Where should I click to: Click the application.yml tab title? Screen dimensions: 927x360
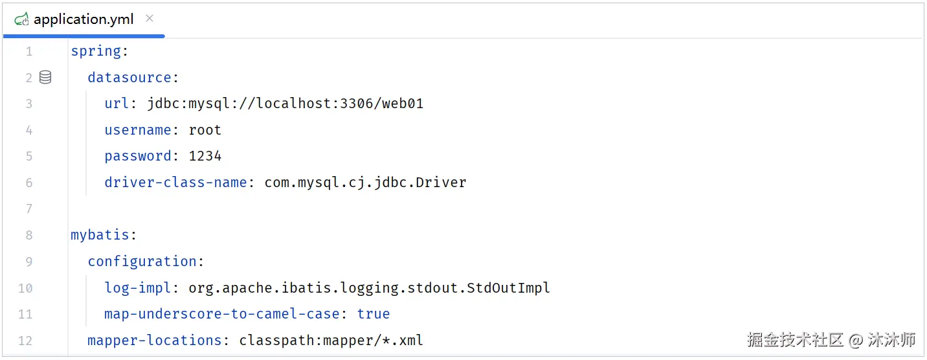click(84, 19)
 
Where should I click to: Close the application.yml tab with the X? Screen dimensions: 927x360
click(150, 18)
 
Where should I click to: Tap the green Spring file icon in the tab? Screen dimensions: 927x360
click(21, 19)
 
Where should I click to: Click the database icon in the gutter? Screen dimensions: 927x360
click(45, 77)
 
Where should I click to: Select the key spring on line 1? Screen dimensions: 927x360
click(96, 51)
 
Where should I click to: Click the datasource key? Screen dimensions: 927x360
click(129, 78)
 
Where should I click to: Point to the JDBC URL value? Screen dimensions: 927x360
click(285, 104)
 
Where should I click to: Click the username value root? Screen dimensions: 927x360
click(205, 130)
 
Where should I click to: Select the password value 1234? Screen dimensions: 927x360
click(205, 156)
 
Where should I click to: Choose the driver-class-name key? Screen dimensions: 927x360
click(175, 183)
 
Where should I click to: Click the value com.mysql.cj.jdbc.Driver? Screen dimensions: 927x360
click(365, 183)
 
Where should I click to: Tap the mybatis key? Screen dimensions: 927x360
click(100, 235)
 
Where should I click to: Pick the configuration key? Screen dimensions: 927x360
click(142, 262)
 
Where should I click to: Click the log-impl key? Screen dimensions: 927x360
click(137, 287)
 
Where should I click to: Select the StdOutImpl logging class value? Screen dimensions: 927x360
click(369, 287)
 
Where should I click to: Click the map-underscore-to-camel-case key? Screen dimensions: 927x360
click(222, 314)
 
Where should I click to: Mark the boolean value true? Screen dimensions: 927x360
click(374, 314)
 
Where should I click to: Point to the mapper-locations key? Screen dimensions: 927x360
click(154, 340)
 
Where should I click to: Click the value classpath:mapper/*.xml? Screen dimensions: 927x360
click(331, 340)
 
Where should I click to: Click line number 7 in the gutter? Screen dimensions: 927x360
click(29, 208)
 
